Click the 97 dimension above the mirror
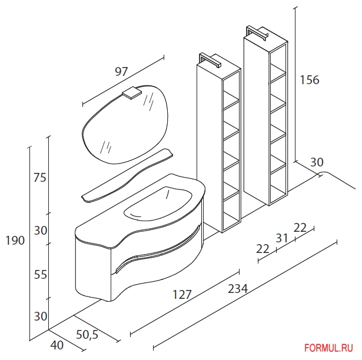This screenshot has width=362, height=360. pyautogui.click(x=121, y=72)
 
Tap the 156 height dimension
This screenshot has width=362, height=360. pyautogui.click(x=310, y=80)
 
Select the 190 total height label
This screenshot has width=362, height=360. pyautogui.click(x=15, y=241)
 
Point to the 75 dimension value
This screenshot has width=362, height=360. pyautogui.click(x=40, y=178)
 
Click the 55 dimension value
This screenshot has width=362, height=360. pyautogui.click(x=41, y=275)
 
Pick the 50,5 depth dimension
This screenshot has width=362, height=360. pyautogui.click(x=87, y=334)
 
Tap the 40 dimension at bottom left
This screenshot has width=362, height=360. pyautogui.click(x=57, y=345)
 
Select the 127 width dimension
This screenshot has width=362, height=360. pyautogui.click(x=182, y=295)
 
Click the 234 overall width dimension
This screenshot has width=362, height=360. pyautogui.click(x=238, y=288)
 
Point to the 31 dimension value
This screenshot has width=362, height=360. pyautogui.click(x=282, y=238)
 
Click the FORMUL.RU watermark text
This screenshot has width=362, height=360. pyautogui.click(x=328, y=348)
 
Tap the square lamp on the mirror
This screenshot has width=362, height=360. pyautogui.click(x=132, y=93)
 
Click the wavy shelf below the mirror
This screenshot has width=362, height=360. pyautogui.click(x=127, y=176)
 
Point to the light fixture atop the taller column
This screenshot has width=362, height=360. pyautogui.click(x=257, y=34)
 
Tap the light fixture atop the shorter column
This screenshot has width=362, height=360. pyautogui.click(x=210, y=60)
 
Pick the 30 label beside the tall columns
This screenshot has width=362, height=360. pyautogui.click(x=317, y=162)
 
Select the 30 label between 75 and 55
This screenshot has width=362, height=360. pyautogui.click(x=41, y=231)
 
